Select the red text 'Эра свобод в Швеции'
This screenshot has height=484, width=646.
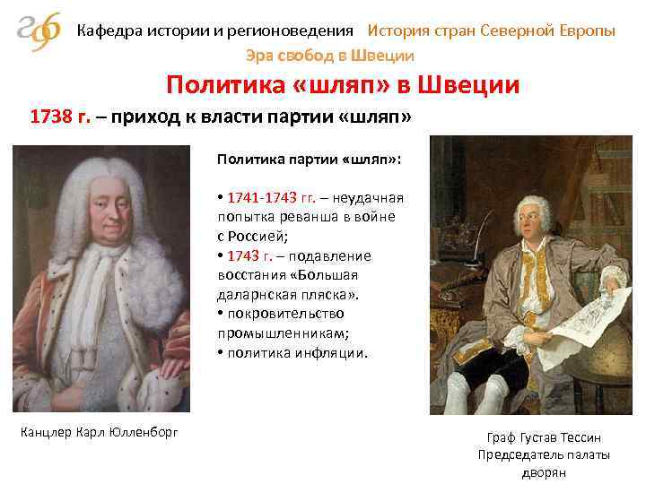click(x=330, y=56)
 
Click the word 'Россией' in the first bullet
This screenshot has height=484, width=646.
click(x=260, y=237)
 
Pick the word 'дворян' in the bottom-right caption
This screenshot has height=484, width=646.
click(x=545, y=472)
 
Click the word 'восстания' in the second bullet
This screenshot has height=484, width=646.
click(x=248, y=275)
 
